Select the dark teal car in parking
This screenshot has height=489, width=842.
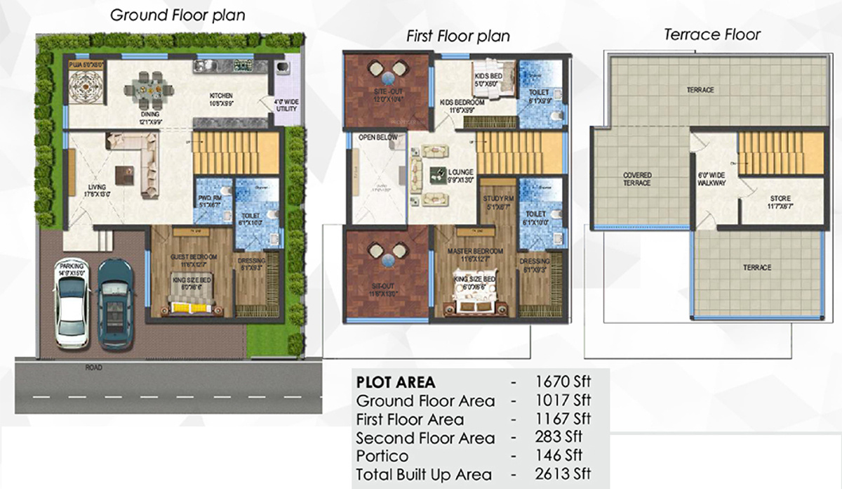point(116,304)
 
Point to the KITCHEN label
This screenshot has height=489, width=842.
point(221,96)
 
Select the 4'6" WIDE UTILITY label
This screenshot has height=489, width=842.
point(286,107)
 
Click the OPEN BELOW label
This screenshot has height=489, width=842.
point(378,137)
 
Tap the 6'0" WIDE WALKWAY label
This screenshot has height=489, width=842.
point(711,178)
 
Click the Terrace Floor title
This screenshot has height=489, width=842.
point(712,34)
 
